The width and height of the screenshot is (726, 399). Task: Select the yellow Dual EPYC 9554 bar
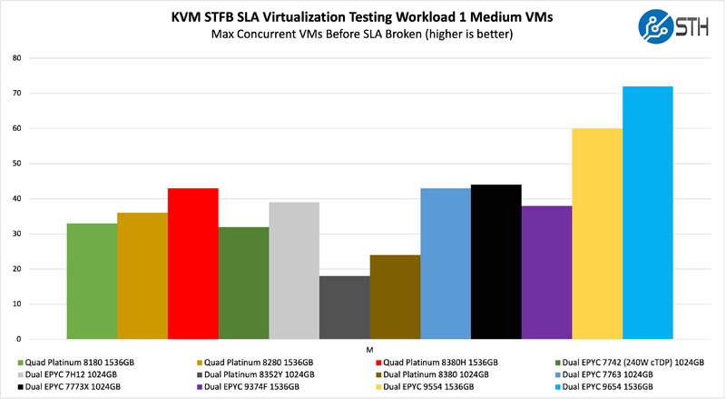pos(597,233)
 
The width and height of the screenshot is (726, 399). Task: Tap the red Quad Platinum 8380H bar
pos(192,263)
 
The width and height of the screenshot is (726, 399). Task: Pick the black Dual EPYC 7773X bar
pos(495,261)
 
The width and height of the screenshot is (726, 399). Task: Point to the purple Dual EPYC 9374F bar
pos(546,272)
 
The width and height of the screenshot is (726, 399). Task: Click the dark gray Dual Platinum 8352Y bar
pos(344,306)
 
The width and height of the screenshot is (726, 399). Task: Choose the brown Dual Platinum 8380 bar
pos(395,296)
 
